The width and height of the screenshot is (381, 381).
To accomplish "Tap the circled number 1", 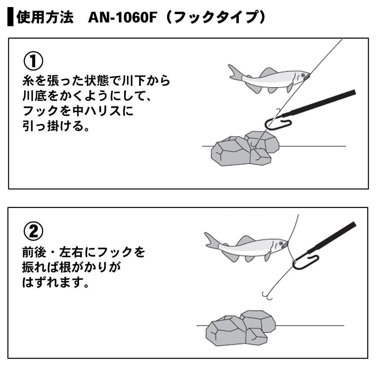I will click(x=33, y=61).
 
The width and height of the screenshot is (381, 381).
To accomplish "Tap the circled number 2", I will click(x=33, y=231).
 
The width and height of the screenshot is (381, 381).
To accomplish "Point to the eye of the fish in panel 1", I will click(x=303, y=76).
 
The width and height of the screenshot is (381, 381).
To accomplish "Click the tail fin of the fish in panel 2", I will click(x=211, y=241).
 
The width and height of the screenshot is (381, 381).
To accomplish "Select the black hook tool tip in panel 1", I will click(x=277, y=122).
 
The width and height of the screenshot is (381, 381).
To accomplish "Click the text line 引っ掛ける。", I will click(x=56, y=127).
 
